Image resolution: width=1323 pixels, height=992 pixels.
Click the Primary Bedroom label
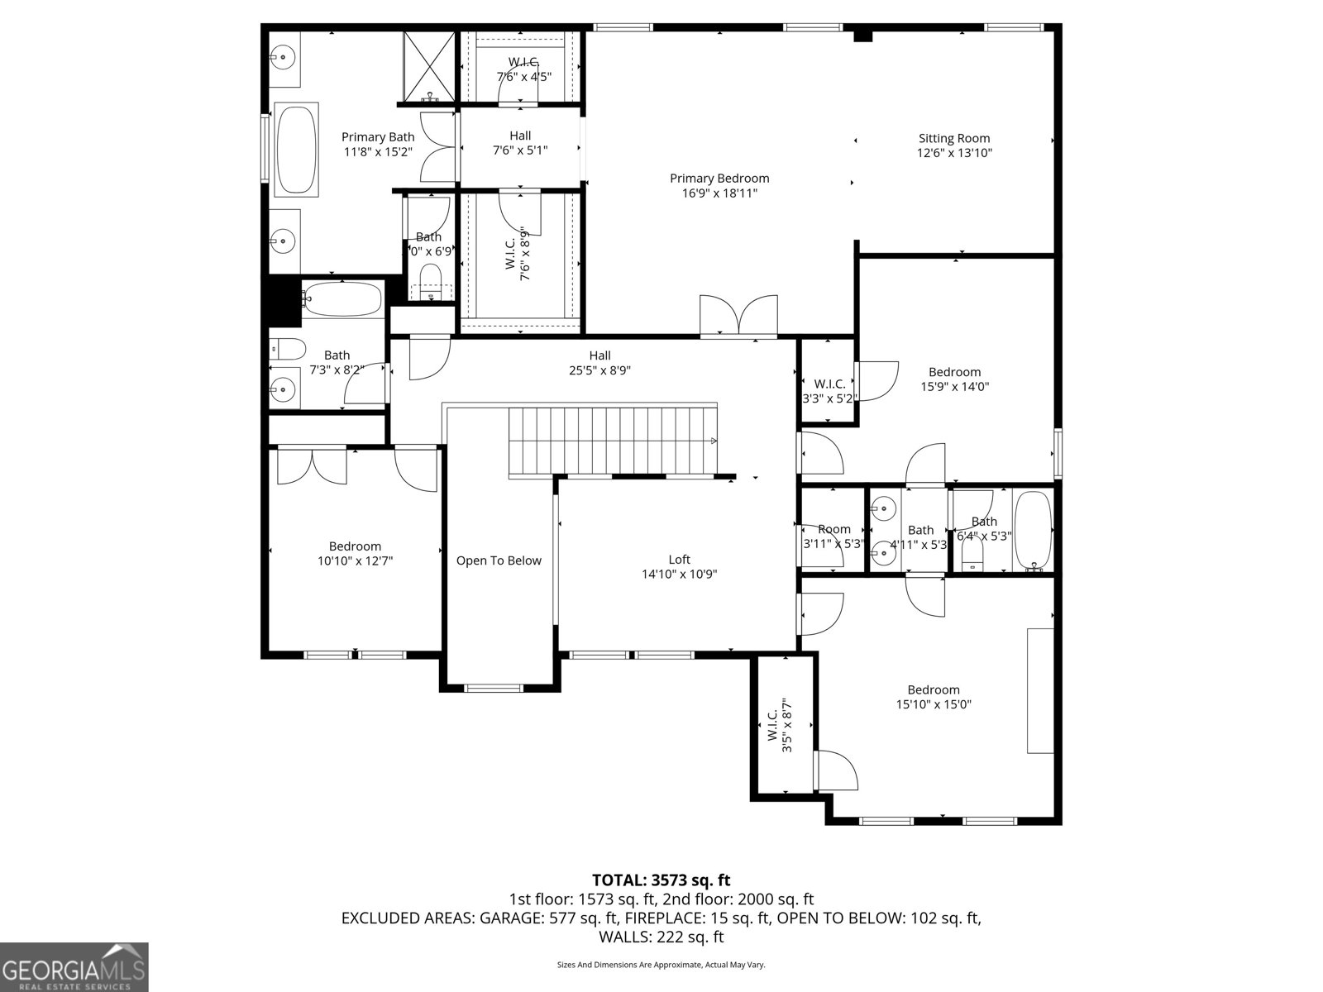click(x=719, y=179)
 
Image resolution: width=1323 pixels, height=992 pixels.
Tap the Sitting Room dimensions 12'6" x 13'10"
click(x=953, y=153)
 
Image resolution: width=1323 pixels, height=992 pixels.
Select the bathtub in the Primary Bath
click(x=295, y=150)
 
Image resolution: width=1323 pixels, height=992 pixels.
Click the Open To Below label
click(x=499, y=560)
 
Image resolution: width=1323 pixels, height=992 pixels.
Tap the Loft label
click(x=679, y=560)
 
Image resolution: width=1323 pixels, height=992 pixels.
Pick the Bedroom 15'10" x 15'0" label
click(x=934, y=690)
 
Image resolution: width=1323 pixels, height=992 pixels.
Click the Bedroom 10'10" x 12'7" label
click(x=355, y=546)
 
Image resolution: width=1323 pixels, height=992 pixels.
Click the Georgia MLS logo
click(x=74, y=966)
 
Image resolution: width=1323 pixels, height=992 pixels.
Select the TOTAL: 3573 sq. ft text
click(x=661, y=880)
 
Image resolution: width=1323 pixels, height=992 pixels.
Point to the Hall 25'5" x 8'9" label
click(x=600, y=356)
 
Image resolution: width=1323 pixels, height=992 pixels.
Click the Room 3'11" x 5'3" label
click(x=833, y=530)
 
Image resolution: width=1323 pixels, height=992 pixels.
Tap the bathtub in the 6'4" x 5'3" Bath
click(x=1032, y=531)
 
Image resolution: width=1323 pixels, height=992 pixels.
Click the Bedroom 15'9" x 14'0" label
click(x=954, y=373)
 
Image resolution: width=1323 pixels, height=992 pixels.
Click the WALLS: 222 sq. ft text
click(x=661, y=937)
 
